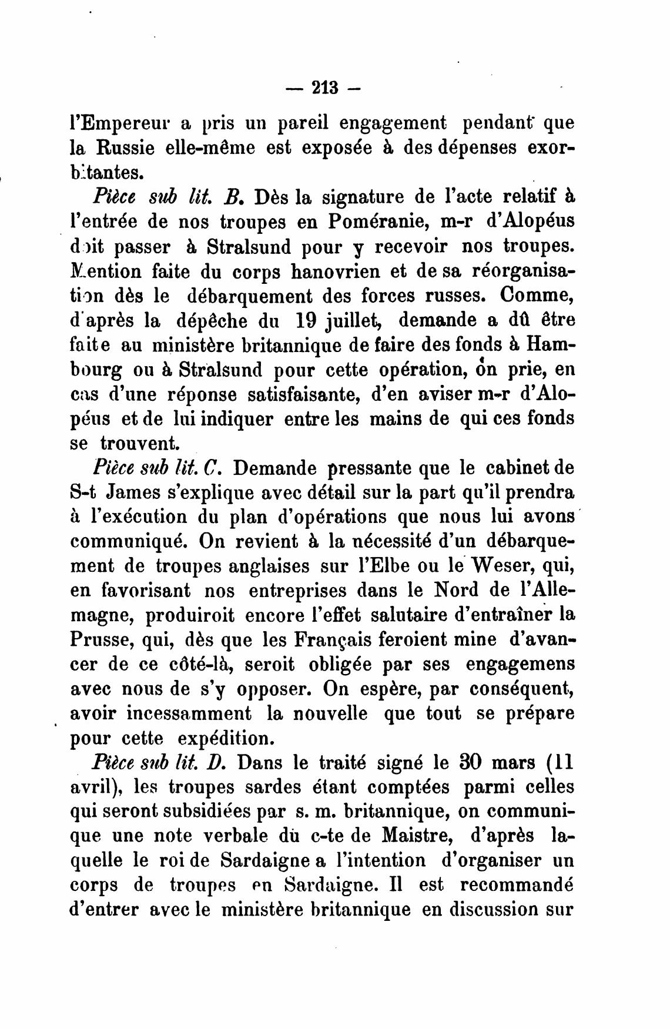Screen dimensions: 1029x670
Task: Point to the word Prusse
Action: point(100,639)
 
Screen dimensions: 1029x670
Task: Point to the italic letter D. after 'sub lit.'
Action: point(213,762)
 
